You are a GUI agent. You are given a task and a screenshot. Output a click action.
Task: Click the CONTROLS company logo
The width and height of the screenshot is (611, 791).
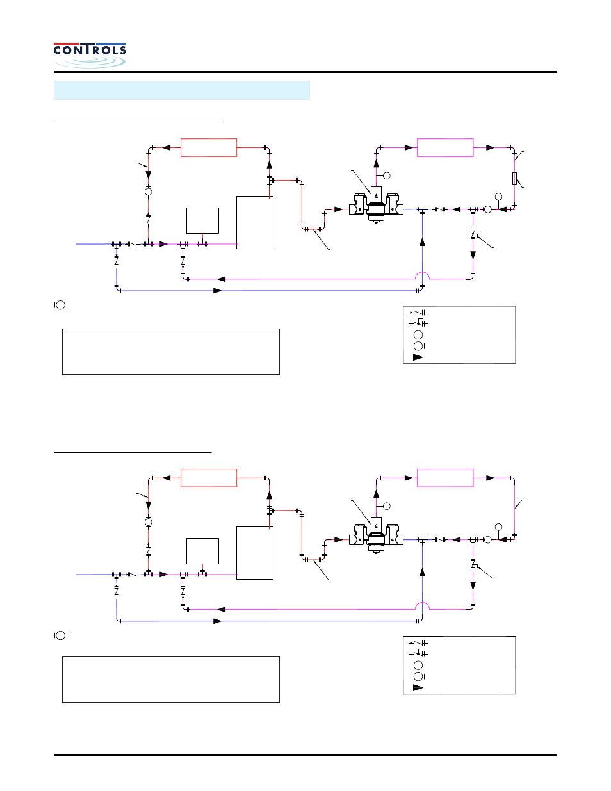[x=90, y=54]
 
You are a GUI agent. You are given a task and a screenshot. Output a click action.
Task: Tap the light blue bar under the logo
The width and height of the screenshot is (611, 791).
[x=181, y=90]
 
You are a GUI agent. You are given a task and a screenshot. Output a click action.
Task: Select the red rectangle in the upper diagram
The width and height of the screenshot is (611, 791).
[x=209, y=147]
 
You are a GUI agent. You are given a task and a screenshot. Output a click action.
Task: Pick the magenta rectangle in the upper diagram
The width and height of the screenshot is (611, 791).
[x=445, y=147]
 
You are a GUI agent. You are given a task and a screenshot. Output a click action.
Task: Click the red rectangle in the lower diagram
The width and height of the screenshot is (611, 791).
[x=209, y=478]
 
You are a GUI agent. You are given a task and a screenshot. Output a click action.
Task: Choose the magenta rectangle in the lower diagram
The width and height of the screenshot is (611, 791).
[x=445, y=478]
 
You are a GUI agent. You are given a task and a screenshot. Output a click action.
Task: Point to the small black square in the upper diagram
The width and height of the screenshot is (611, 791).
[x=202, y=220]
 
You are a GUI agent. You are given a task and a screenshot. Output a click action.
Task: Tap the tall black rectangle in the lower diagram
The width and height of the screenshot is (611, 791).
[x=255, y=553]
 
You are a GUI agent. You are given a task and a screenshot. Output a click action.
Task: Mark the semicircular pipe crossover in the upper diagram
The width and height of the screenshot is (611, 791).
[x=422, y=275]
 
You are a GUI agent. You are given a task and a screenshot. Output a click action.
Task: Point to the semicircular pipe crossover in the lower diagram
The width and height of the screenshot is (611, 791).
[x=422, y=606]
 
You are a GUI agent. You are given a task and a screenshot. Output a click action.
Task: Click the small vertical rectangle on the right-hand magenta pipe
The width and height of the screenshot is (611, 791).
[x=514, y=178]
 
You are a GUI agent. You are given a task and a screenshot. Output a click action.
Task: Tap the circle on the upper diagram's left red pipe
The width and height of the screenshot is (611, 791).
[x=148, y=192]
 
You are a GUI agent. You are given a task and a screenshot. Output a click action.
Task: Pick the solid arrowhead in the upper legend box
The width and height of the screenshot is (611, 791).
[x=418, y=357]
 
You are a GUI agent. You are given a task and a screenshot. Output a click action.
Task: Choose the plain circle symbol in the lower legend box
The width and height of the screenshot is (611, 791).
[x=418, y=665]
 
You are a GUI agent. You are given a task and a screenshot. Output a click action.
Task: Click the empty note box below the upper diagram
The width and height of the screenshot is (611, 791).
[x=171, y=352]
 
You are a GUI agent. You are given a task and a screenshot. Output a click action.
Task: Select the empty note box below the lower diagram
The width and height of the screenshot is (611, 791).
[x=171, y=680]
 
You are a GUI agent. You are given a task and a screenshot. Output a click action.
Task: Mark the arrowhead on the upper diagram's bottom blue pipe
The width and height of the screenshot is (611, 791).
[x=218, y=291]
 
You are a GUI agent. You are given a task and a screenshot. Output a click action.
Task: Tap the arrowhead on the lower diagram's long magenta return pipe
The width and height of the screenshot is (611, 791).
[x=222, y=610]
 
